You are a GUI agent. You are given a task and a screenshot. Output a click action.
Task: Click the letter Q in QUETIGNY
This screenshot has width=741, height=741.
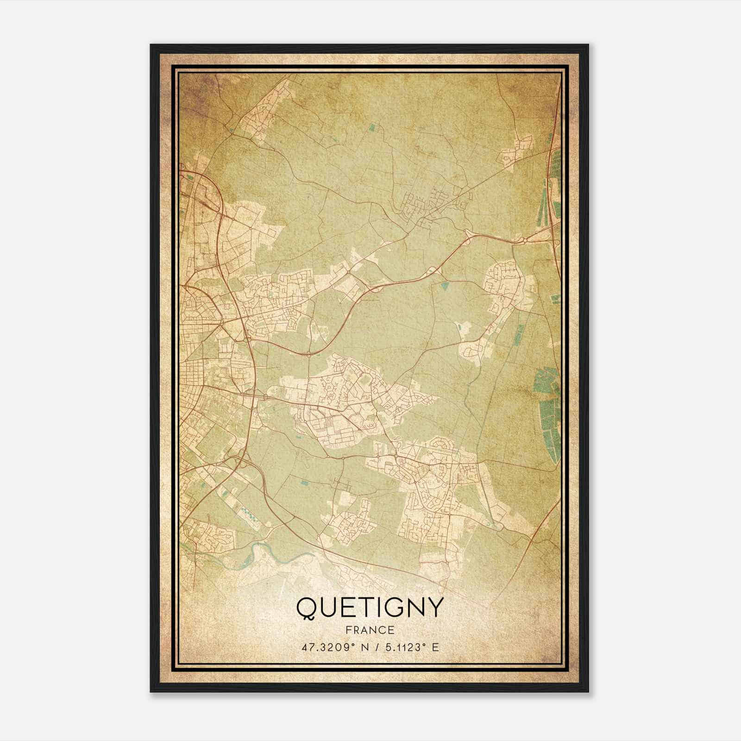[307, 608]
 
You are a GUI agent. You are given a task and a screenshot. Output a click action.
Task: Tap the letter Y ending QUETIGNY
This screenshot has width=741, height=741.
[434, 608]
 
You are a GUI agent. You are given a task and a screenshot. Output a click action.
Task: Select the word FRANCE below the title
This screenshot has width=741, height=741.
[370, 630]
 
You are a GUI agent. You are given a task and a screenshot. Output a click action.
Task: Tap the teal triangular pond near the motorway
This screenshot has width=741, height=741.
[446, 286]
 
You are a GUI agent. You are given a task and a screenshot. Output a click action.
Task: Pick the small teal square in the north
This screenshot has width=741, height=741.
[372, 126]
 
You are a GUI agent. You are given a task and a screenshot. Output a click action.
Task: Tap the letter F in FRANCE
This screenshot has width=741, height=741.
[349, 630]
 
